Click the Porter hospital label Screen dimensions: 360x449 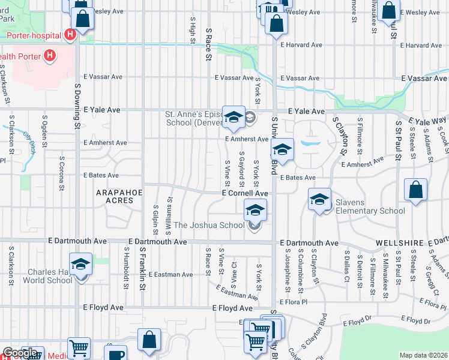pos(33,35)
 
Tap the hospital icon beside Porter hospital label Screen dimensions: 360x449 pos(71,35)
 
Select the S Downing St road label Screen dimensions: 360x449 pos(77,106)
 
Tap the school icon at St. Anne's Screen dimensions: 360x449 pos(233,117)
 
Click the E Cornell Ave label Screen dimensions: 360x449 pos(245,194)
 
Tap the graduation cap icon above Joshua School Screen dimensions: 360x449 pos(255,210)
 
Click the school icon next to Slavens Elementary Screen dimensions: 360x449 pos(320,199)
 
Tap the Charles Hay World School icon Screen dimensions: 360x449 pos(80,264)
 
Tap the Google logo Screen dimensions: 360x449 pos(20,353)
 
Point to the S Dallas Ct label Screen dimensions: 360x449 pos(347,261)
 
